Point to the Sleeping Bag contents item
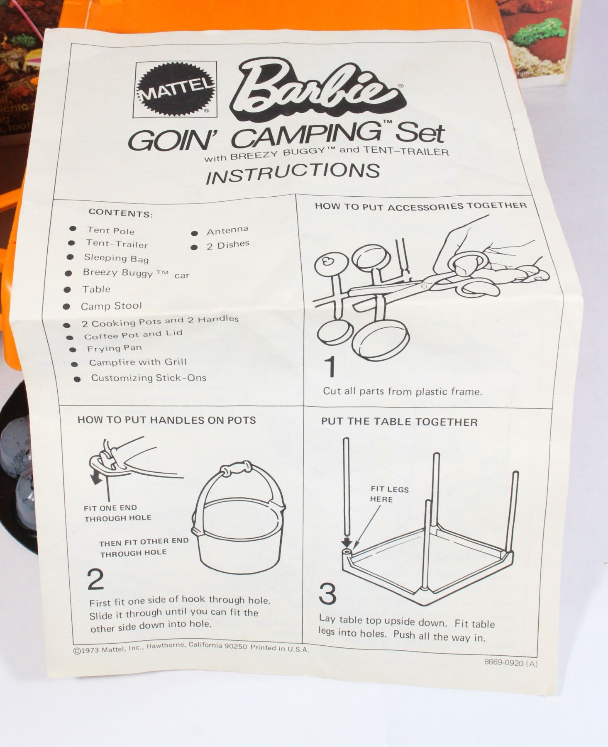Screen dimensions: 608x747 coord(116,258)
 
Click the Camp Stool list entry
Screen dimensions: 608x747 coord(111,306)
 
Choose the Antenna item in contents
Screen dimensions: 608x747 coord(227,230)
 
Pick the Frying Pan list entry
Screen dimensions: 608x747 coord(114,349)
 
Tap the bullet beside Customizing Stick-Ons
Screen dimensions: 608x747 coord(77,378)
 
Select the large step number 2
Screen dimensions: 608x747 coord(95,579)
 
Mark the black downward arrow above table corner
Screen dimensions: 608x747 coord(347,542)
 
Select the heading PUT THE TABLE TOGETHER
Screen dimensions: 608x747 coord(399,422)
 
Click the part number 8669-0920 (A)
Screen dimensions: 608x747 coord(510,663)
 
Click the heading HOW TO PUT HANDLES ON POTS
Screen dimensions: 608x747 coord(166,420)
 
